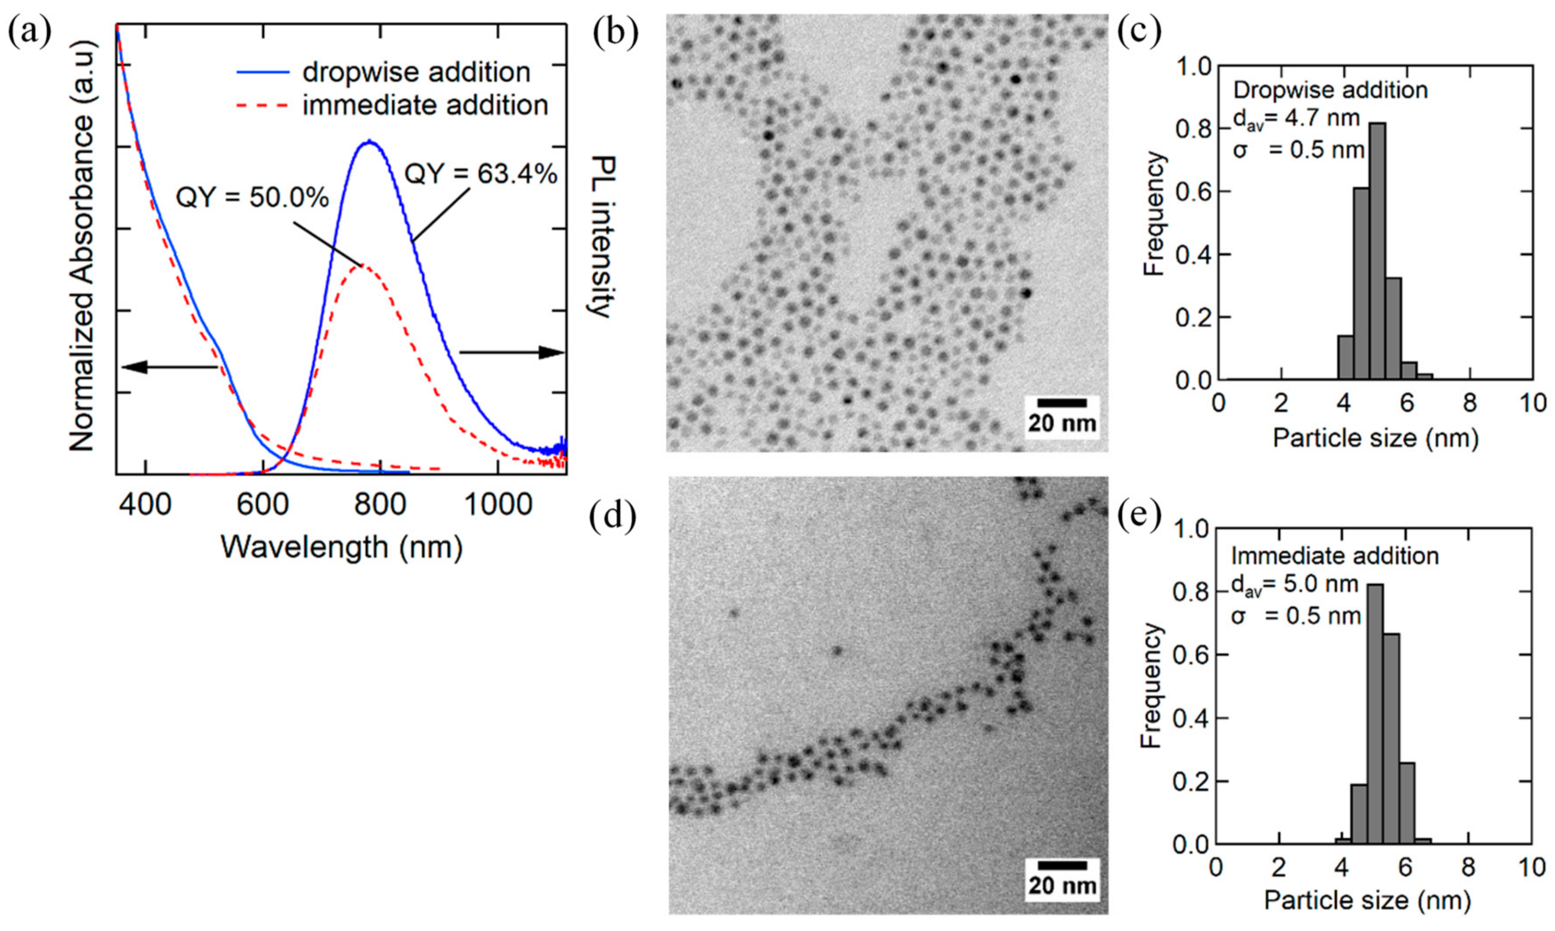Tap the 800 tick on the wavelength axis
point(380,504)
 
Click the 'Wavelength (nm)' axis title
point(341,547)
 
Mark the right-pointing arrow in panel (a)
point(512,352)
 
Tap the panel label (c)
point(1139,31)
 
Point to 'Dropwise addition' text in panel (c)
point(1330,91)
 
